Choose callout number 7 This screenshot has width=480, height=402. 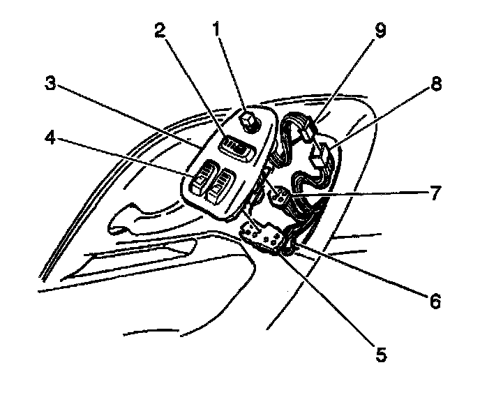point(435,193)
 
